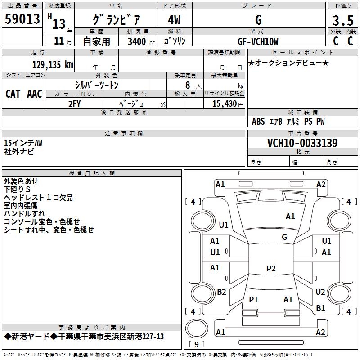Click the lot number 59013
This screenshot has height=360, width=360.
point(22,19)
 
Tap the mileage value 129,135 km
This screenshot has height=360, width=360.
point(53,64)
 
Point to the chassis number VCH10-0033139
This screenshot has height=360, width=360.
point(302,143)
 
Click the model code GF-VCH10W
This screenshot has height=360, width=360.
point(258,41)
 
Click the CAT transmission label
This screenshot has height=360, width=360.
point(13,94)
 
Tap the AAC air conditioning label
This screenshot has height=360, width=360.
point(35,94)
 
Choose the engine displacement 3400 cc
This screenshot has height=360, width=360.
point(139,41)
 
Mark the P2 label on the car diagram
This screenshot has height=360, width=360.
point(271,269)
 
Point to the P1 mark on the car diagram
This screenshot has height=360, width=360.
point(253,299)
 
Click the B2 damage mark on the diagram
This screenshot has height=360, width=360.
point(221,292)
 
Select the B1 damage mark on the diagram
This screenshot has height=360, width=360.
point(320,308)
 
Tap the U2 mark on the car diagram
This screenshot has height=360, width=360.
point(320,292)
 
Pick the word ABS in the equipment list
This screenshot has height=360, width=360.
point(258,121)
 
